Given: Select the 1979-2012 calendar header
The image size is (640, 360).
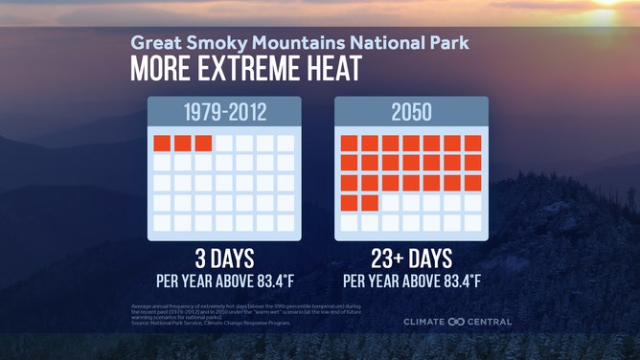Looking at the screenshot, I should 224,113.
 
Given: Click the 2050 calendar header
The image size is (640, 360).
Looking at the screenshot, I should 410,113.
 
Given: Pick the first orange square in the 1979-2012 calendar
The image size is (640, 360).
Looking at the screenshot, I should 162,144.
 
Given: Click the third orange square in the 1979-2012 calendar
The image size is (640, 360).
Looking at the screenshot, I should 203,144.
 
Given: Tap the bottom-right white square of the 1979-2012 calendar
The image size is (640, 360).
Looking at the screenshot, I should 286,222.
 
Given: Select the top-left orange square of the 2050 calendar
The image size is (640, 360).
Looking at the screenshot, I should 350,144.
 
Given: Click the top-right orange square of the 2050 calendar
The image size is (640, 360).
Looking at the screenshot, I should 472,144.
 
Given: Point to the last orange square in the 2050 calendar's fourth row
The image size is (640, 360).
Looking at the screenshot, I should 370,202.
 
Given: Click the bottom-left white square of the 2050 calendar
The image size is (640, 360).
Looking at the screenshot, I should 350,222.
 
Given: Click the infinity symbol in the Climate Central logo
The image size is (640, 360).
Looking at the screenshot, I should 456,322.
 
